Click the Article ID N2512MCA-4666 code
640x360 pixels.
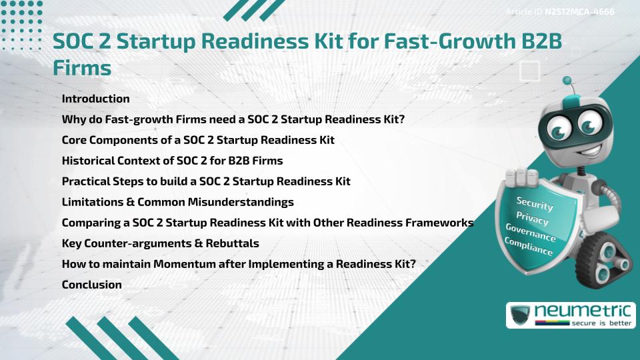[x=579, y=12]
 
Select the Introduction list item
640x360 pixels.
[x=95, y=99]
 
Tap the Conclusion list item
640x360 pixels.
[x=91, y=285]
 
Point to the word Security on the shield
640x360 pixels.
[x=535, y=204]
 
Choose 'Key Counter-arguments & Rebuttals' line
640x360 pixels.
[x=160, y=243]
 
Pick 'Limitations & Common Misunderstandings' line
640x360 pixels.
[x=177, y=202]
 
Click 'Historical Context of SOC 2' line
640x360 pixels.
[x=172, y=161]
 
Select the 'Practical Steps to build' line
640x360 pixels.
[x=205, y=181]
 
